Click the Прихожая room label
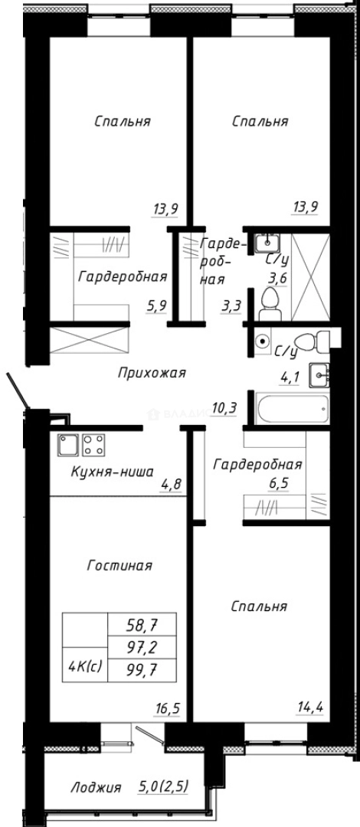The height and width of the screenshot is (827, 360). tap(152, 373)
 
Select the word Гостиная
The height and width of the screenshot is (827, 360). tap(119, 566)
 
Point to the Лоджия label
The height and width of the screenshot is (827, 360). tap(96, 786)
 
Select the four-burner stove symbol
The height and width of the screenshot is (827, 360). tap(93, 444)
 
